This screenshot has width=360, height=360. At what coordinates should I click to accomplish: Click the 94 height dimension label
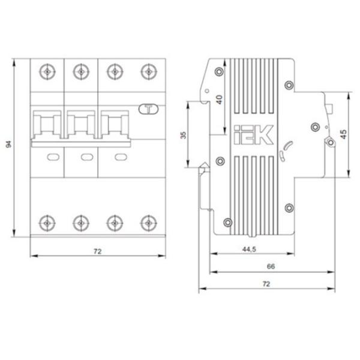point(9,145)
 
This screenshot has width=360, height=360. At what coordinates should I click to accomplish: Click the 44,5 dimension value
point(249,249)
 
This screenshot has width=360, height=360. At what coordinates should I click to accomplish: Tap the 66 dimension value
point(271,266)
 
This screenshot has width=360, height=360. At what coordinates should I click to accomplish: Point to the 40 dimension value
point(220,100)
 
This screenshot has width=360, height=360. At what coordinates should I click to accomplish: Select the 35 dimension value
point(184,135)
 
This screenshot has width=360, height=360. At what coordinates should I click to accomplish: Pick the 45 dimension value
point(344,134)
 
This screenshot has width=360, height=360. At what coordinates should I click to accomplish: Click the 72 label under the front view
point(97,251)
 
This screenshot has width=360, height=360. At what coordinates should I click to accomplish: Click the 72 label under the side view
point(266,284)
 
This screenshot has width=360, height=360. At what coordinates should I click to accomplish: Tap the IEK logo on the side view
point(254,135)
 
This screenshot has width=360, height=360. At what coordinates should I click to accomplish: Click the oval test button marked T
point(149,109)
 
